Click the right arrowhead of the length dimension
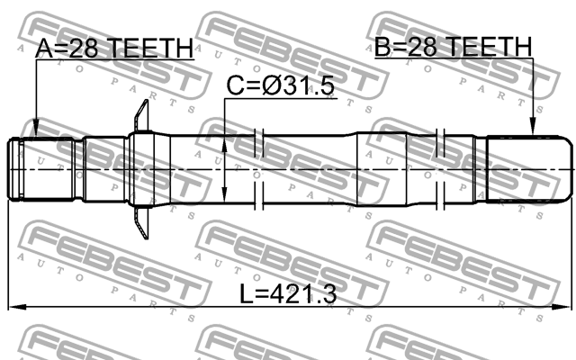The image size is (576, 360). coord(566,308)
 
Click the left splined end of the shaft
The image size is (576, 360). coord(41,168)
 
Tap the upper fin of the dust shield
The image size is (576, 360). coord(140,117)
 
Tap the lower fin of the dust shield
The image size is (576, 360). coord(140,221)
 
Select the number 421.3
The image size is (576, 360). coord(305,292)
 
